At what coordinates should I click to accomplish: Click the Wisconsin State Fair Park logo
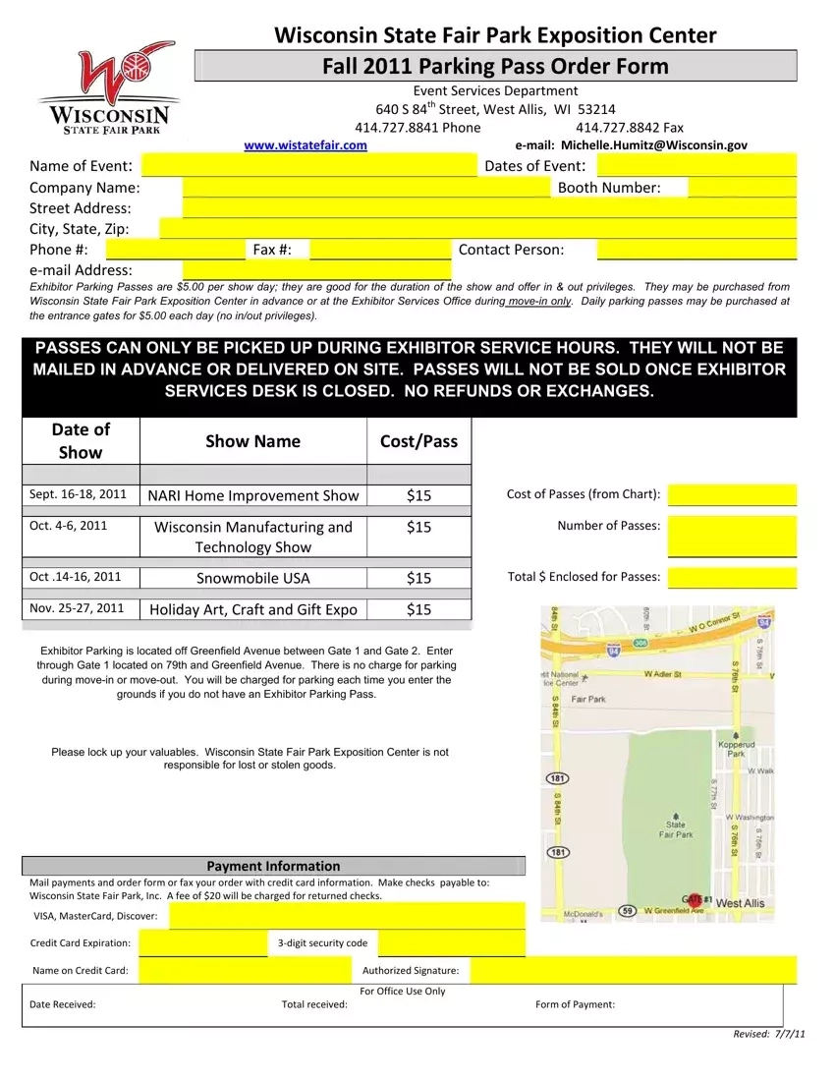pyautogui.click(x=108, y=86)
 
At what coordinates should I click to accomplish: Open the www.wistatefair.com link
pyautogui.click(x=306, y=145)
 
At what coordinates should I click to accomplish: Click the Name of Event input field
pyautogui.click(x=308, y=166)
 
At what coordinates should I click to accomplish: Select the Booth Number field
pyautogui.click(x=741, y=188)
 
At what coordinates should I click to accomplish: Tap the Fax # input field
pyautogui.click(x=379, y=250)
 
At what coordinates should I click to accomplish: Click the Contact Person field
pyautogui.click(x=696, y=250)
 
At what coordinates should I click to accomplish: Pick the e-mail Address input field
pyautogui.click(x=316, y=270)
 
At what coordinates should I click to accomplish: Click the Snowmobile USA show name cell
pyautogui.click(x=253, y=578)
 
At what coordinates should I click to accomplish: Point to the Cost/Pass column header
pyautogui.click(x=418, y=441)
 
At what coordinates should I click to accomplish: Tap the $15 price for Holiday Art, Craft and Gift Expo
pyautogui.click(x=418, y=609)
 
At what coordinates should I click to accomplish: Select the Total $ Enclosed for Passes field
pyautogui.click(x=732, y=577)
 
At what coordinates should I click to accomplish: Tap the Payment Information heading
pyautogui.click(x=273, y=866)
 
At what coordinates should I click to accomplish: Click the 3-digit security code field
pyautogui.click(x=451, y=943)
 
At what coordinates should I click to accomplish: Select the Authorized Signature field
pyautogui.click(x=633, y=972)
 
